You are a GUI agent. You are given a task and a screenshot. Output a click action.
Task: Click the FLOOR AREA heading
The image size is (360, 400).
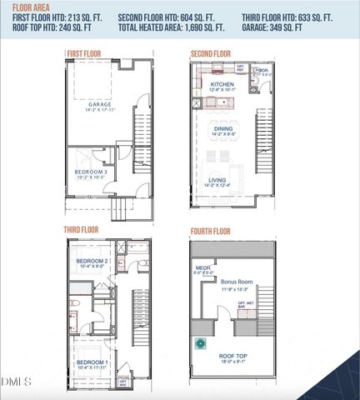click(31, 6)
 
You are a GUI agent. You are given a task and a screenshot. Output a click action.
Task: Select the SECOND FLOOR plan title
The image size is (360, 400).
click(210, 54)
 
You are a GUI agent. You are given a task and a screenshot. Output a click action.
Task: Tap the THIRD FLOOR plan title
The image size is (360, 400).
click(82, 228)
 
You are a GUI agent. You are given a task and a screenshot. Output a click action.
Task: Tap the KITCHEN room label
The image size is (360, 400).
click(222, 84)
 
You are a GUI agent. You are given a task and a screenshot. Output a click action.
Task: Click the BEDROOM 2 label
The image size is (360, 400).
click(93, 261)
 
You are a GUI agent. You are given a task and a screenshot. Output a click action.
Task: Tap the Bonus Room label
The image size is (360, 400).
click(237, 282)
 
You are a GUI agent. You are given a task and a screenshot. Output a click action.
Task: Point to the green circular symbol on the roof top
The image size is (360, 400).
click(200, 344)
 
